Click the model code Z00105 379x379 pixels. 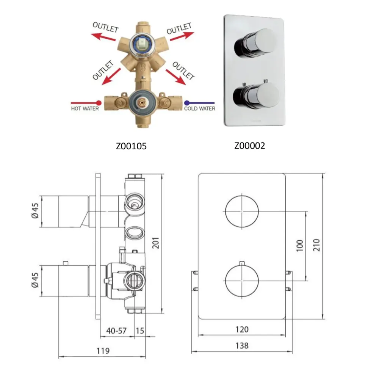click(131, 146)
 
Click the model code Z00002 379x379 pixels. click(250, 146)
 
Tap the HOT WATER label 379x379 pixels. click(85, 108)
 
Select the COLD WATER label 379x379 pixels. click(200, 108)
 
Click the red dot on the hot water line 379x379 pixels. click(99, 103)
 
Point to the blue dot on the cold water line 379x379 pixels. click(187, 103)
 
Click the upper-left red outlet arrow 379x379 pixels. click(103, 37)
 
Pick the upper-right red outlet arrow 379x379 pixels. click(182, 36)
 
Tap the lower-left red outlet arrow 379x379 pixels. click(111, 77)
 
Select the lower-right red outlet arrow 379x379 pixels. click(176, 77)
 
